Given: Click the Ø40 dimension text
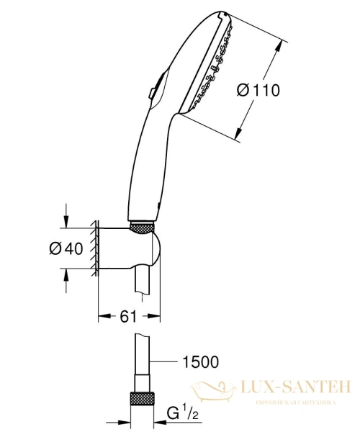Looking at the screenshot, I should pos(66,248).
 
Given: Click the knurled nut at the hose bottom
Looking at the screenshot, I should pos(143,400).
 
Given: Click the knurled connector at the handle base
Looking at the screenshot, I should pos(144,228).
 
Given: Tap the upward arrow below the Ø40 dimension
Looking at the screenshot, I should pos(66,276).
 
